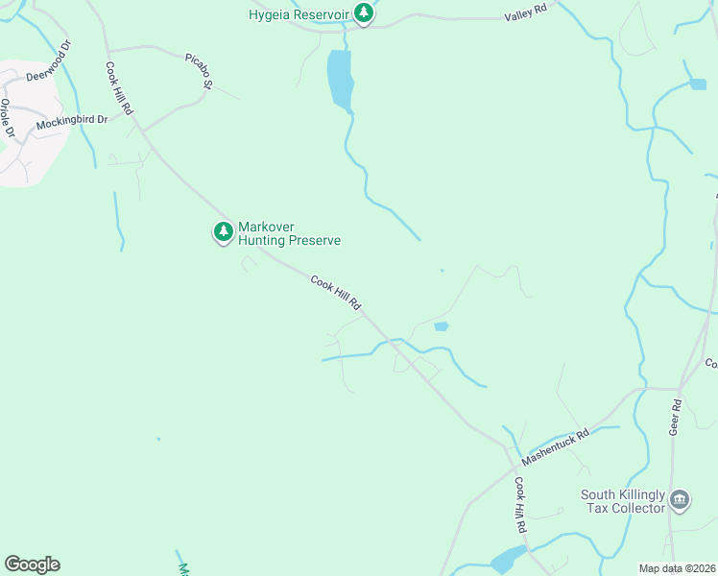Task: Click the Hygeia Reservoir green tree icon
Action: (363, 13)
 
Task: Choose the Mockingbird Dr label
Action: (72, 120)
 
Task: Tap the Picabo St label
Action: (198, 70)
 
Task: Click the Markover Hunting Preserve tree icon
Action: (223, 231)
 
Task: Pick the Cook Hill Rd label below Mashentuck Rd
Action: (520, 506)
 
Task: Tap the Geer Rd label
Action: (676, 418)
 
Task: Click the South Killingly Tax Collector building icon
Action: (680, 500)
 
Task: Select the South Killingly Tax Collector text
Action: (623, 502)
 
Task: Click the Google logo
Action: (32, 564)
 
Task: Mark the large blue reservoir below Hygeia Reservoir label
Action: (340, 79)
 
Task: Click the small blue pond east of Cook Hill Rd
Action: (441, 326)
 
